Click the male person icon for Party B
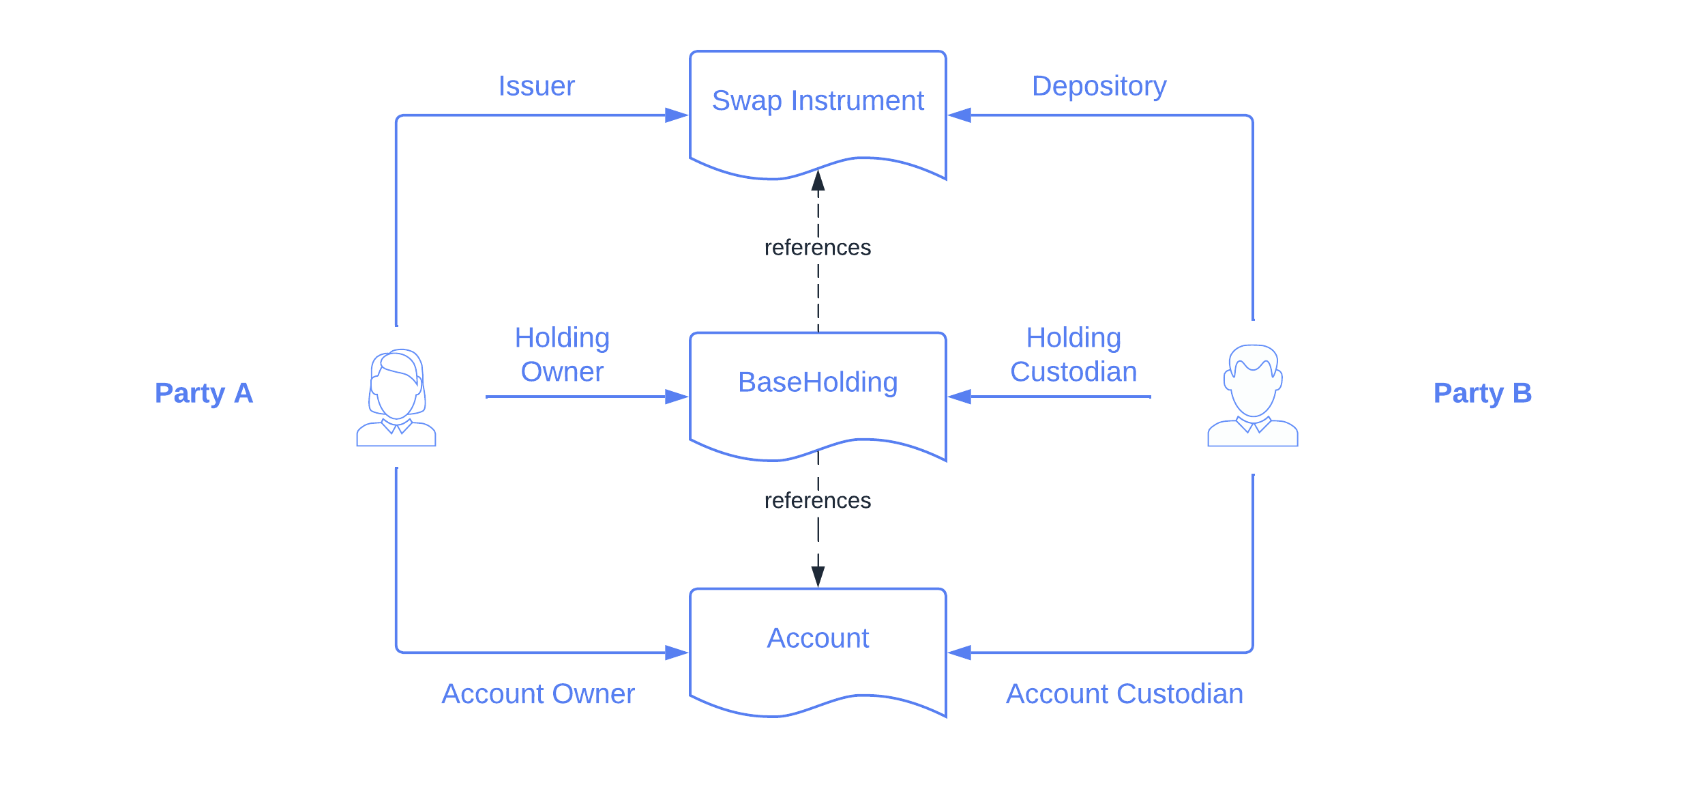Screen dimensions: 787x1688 (x=1252, y=397)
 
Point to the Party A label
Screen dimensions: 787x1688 (x=204, y=393)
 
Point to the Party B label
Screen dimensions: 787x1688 (x=1483, y=393)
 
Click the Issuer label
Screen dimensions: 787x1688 (x=537, y=86)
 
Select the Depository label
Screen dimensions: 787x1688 (x=1099, y=86)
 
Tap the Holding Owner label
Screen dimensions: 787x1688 (x=562, y=355)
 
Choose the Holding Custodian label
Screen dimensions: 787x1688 (x=1073, y=355)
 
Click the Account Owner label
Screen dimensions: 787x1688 (x=537, y=694)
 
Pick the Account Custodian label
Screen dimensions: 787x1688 (x=1125, y=694)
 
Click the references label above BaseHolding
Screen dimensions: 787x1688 (x=818, y=247)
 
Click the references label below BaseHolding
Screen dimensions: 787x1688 (x=818, y=500)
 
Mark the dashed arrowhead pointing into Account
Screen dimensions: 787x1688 (x=818, y=576)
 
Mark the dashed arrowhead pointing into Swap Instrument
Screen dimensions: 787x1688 (x=818, y=182)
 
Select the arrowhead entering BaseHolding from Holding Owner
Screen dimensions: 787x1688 (x=677, y=397)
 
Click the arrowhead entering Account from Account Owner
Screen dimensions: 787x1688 (x=677, y=653)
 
